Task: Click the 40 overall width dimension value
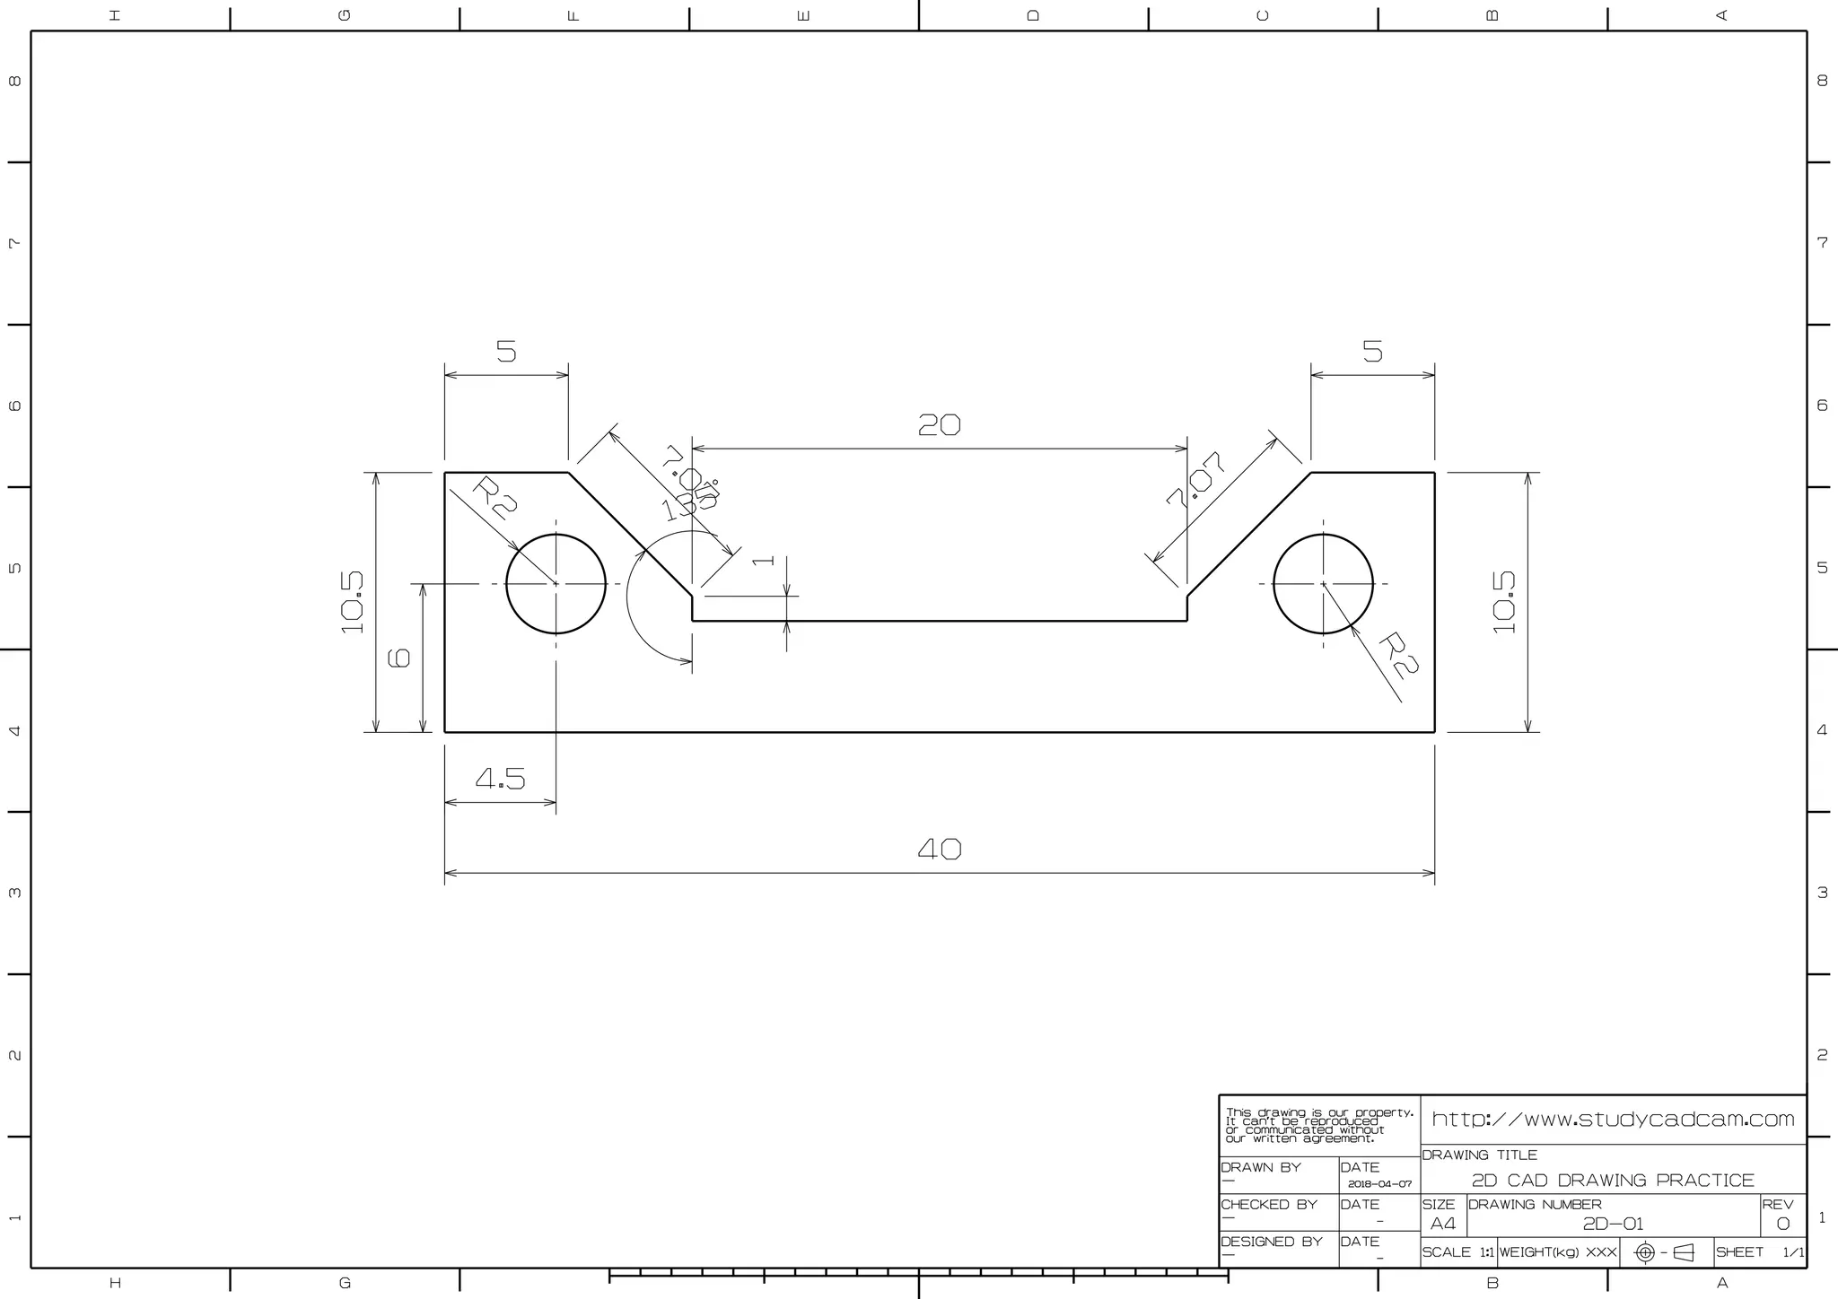[x=940, y=849]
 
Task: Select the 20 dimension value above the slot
[x=940, y=424]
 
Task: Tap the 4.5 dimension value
[x=501, y=779]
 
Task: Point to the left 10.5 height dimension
[x=353, y=602]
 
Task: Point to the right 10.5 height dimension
[x=1504, y=602]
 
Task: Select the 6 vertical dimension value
[x=398, y=658]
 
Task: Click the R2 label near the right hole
[x=1397, y=655]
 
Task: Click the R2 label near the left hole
[x=494, y=499]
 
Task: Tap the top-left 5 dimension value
[x=506, y=352]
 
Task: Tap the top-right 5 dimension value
[x=1372, y=352]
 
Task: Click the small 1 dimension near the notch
[x=763, y=561]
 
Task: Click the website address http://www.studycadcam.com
[x=1613, y=1120]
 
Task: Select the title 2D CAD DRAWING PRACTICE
[x=1613, y=1181]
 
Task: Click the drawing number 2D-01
[x=1613, y=1224]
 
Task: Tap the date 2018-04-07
[x=1379, y=1184]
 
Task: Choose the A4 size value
[x=1442, y=1224]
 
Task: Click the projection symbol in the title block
[x=1665, y=1252]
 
